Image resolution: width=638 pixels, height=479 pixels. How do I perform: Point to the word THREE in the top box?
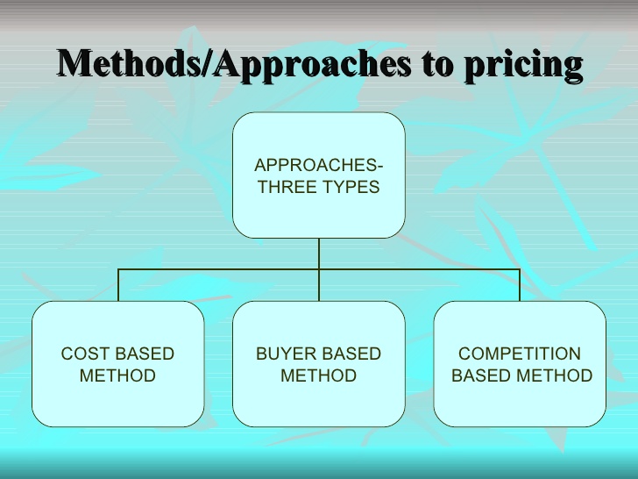(x=287, y=187)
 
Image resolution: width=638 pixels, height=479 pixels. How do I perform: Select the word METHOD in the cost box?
(x=117, y=375)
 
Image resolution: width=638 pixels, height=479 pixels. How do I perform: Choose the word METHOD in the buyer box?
(x=318, y=375)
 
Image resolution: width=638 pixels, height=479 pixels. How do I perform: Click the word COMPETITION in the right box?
(x=520, y=354)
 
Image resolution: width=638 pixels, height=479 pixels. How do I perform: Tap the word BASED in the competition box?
(x=480, y=375)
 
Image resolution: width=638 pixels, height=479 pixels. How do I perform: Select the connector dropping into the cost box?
(x=118, y=285)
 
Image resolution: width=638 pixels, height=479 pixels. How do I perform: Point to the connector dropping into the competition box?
(x=520, y=285)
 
